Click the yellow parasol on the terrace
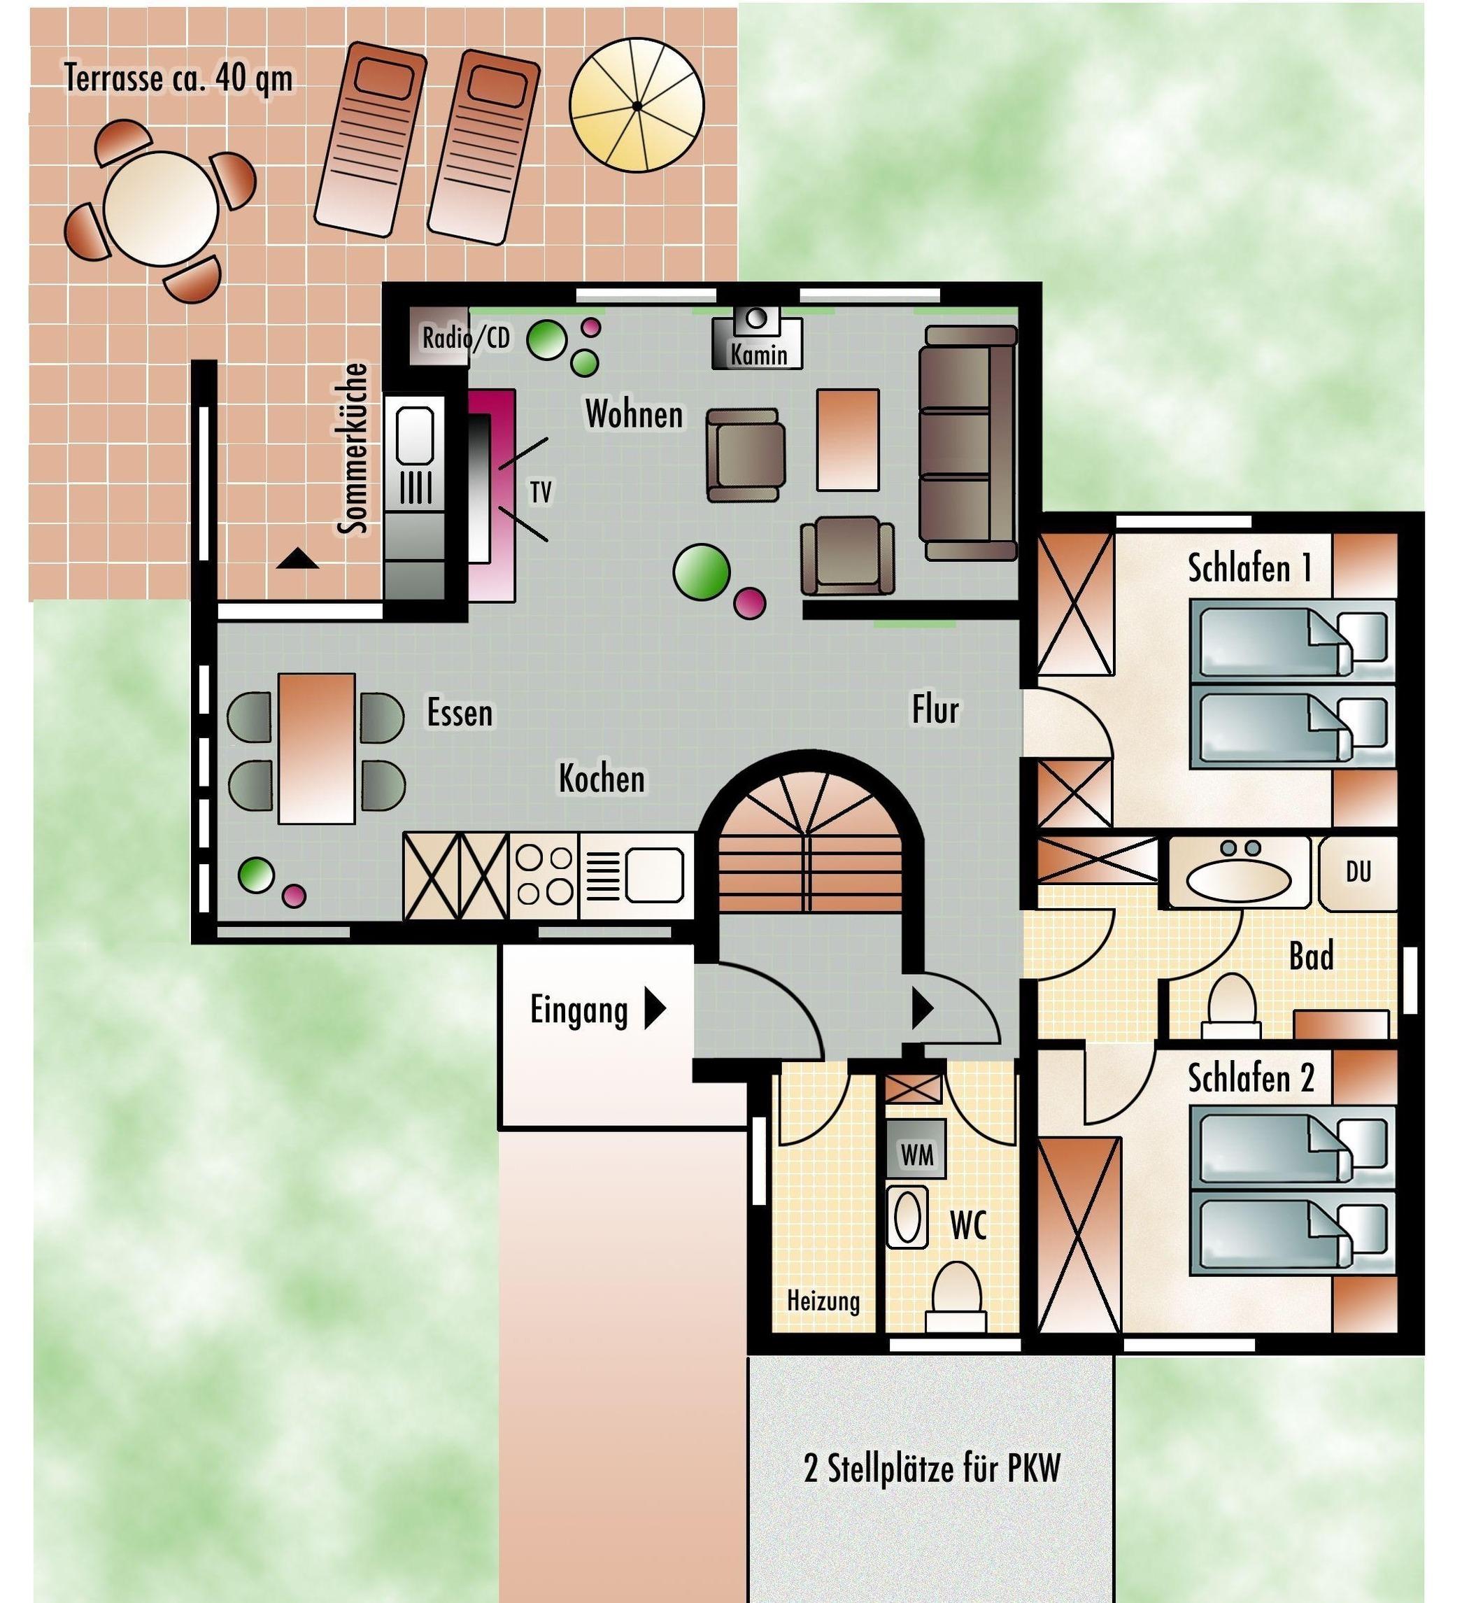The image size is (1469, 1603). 637,106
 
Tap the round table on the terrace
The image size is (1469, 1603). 162,209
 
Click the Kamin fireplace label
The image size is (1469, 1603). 759,355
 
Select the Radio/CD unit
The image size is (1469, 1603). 439,337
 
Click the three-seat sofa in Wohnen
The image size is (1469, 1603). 968,443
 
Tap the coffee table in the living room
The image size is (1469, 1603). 848,439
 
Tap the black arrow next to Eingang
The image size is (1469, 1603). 654,1010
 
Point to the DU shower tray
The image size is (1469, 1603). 1358,873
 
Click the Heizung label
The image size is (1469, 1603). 823,1301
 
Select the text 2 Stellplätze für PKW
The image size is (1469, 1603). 932,1468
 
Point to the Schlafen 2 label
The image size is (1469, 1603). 1251,1078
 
